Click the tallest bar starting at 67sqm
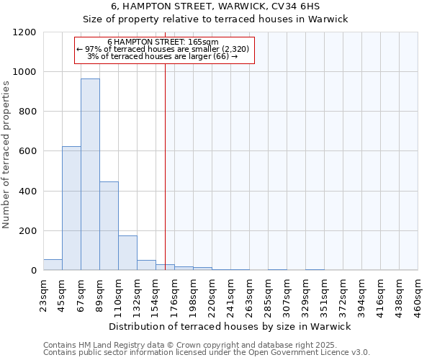tap(90, 174)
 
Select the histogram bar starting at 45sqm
tap(71, 208)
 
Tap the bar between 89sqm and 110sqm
tap(109, 225)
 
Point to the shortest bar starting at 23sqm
tap(53, 264)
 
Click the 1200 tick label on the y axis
tap(25, 32)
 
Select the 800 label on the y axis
tap(28, 112)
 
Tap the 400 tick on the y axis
tap(28, 192)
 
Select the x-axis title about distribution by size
tap(229, 326)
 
